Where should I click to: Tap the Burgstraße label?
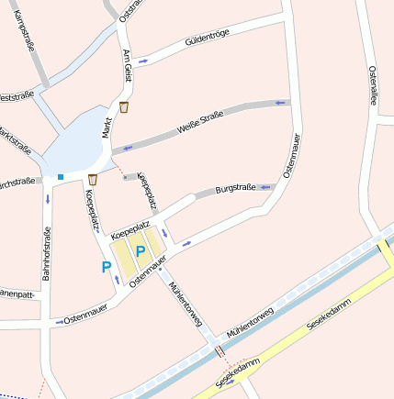pyautogui.click(x=235, y=189)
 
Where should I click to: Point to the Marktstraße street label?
pyautogui.click(x=15, y=139)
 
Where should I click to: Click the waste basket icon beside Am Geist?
pyautogui.click(x=123, y=107)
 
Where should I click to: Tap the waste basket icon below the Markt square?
pyautogui.click(x=93, y=179)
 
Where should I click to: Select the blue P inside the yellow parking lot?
pyautogui.click(x=141, y=250)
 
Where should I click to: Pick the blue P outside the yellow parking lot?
pyautogui.click(x=107, y=267)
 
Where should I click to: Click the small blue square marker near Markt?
pyautogui.click(x=61, y=176)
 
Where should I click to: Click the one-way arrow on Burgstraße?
pyautogui.click(x=266, y=186)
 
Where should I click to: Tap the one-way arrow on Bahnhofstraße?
pyautogui.click(x=47, y=199)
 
